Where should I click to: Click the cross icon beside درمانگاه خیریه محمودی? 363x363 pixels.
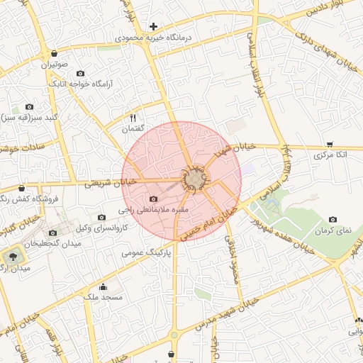153,26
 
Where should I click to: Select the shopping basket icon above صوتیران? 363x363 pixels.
55,54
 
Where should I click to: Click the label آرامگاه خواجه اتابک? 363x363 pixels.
80,83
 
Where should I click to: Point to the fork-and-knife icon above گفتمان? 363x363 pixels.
133,118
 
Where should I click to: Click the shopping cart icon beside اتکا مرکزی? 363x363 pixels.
330,144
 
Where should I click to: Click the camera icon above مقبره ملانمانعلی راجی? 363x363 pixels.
155,200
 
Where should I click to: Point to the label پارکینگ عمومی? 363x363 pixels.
147,252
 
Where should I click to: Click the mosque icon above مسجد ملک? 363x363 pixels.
104,287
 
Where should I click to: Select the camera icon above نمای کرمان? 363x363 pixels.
333,220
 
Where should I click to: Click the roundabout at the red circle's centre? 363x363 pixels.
195,179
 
